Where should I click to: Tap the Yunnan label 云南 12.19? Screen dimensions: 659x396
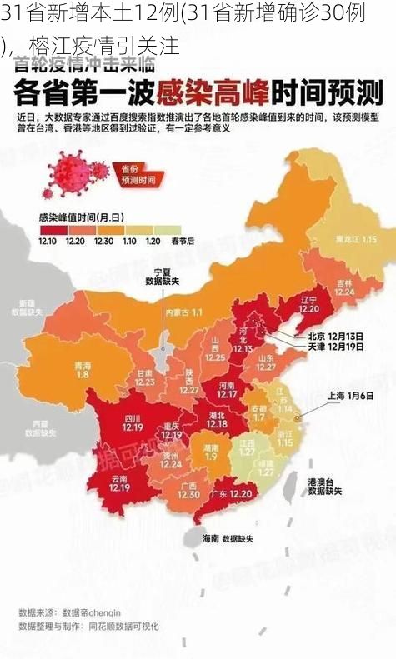[119, 484]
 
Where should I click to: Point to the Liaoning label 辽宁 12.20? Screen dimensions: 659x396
[309, 303]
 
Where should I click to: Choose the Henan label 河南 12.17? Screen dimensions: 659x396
[227, 389]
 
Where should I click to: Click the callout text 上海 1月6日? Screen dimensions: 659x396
[350, 396]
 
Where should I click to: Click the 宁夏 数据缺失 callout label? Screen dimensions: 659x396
[163, 277]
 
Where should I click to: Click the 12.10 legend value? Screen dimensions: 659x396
[48, 241]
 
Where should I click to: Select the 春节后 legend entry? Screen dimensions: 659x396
[183, 241]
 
